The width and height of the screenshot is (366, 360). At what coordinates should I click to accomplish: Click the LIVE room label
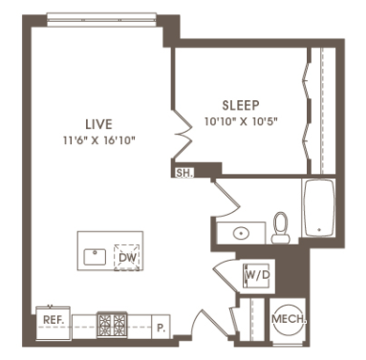pos(98,124)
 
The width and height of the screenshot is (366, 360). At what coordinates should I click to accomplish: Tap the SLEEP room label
pos(241,105)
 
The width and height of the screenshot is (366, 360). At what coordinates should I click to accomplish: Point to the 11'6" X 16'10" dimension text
pos(99,140)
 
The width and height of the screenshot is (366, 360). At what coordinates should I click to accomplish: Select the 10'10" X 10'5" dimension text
pos(242,121)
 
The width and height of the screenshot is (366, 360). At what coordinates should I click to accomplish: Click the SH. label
pos(184,173)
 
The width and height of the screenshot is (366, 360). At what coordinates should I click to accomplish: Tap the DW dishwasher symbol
pos(127,258)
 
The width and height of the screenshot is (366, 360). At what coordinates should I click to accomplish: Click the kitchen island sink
pos(95,257)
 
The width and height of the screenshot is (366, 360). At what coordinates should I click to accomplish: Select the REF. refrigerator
pos(53,323)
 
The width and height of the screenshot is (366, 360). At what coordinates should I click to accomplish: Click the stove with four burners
pos(112,325)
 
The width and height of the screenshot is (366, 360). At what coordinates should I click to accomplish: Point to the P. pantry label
pos(161,328)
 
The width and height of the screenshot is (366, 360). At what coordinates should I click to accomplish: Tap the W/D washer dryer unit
pos(256,276)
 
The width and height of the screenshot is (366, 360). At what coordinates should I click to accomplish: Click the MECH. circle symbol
pos(289,319)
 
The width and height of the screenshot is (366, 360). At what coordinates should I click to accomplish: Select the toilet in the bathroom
pos(281,228)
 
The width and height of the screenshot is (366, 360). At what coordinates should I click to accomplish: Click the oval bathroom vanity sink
pos(241,233)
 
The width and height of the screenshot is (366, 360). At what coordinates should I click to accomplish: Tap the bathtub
pos(318,208)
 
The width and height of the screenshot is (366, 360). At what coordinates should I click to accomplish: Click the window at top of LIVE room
pos(101,20)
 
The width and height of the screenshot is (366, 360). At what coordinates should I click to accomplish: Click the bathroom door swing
pos(226,199)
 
